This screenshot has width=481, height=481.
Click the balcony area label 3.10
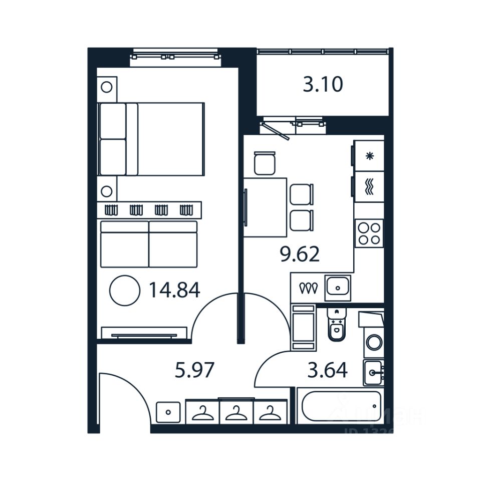[x=323, y=85]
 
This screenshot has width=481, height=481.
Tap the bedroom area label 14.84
[x=174, y=290]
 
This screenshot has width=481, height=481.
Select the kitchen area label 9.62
[x=299, y=255]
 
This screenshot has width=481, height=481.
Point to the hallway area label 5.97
[x=194, y=370]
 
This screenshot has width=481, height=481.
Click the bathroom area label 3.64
[x=327, y=371]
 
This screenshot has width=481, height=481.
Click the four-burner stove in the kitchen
[x=369, y=233]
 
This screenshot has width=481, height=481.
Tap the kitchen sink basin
[x=338, y=288]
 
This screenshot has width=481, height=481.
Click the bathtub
[x=340, y=406]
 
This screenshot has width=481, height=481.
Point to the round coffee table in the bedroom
[x=125, y=290]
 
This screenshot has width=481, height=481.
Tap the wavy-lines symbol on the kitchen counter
[x=370, y=186]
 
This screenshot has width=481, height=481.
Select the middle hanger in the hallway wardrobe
[x=236, y=413]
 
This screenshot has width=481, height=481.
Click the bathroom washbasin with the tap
[x=374, y=372]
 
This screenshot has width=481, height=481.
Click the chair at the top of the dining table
[x=264, y=163]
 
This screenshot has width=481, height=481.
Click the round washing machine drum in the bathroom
[x=374, y=343]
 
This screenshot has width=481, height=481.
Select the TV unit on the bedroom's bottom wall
[x=144, y=333]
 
